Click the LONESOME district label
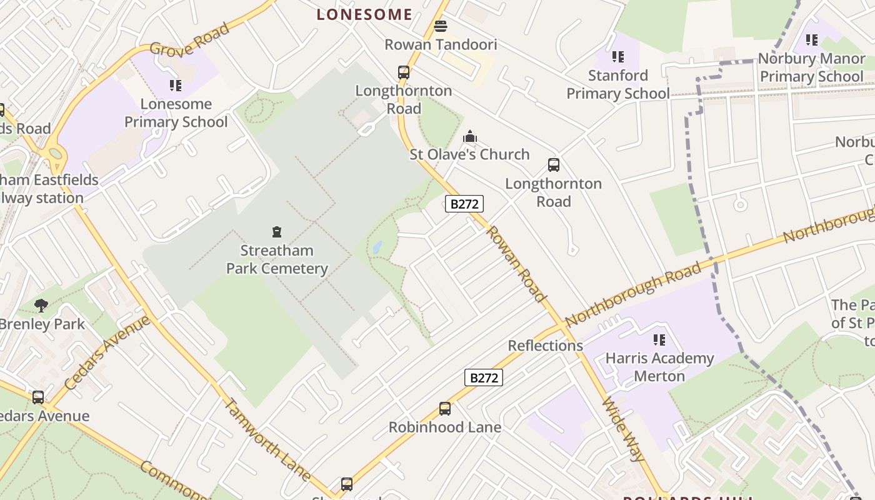[x=364, y=14]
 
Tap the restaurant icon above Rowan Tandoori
[x=441, y=26]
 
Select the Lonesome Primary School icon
[x=176, y=85]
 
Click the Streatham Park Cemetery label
[x=277, y=259]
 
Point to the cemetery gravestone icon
[x=277, y=232]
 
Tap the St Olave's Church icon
[x=470, y=136]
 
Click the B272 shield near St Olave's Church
[x=464, y=204]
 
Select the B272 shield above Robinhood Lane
[x=484, y=377]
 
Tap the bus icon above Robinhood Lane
[x=445, y=409]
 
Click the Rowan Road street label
[x=516, y=264]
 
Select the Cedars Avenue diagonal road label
[x=107, y=353]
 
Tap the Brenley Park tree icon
[x=42, y=306]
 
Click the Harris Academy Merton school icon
[x=659, y=340]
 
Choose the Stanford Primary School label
[x=617, y=84]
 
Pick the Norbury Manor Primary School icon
[x=812, y=41]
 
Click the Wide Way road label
[x=623, y=429]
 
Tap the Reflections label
[x=545, y=346]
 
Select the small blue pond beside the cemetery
[x=377, y=247]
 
